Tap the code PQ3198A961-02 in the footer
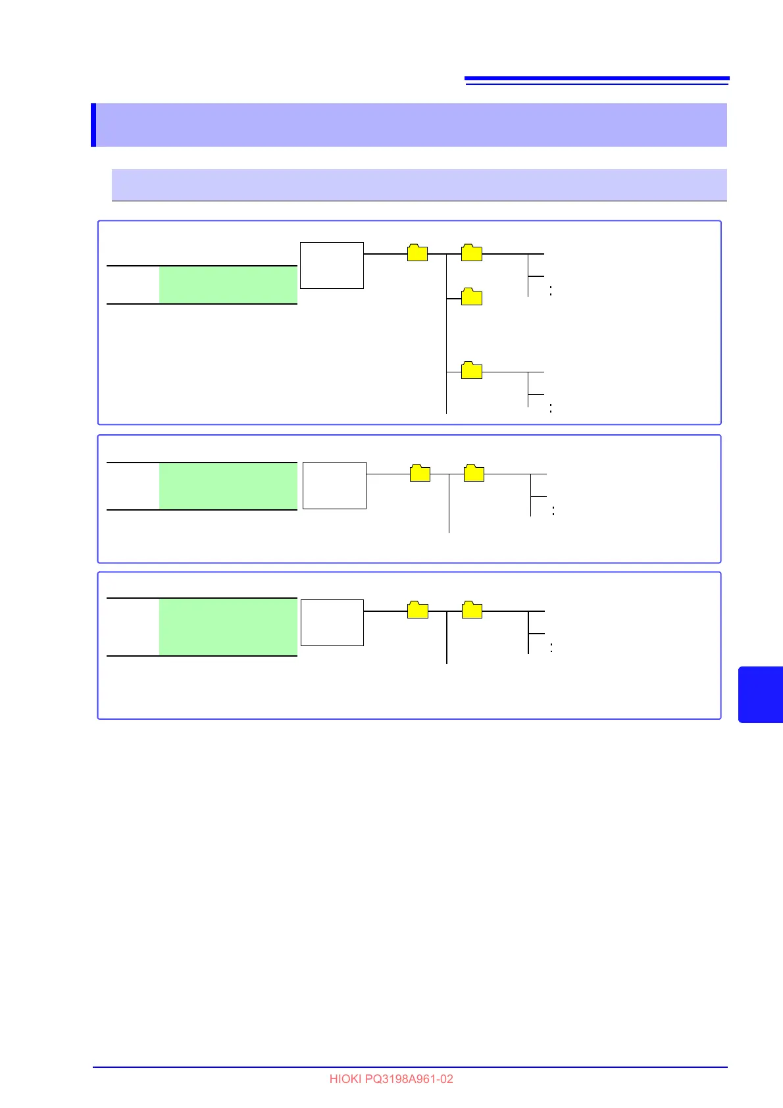(x=409, y=1079)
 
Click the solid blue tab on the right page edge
(x=761, y=694)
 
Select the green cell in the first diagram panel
(x=228, y=285)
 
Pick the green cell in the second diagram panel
(x=228, y=486)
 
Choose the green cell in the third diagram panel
(x=228, y=627)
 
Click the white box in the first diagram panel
(x=332, y=265)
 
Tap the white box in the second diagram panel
(x=334, y=485)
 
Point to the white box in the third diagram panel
(x=332, y=622)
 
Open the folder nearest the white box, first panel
(x=418, y=253)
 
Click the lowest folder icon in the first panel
(x=472, y=371)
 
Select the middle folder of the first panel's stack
(x=472, y=297)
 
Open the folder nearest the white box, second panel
(x=420, y=473)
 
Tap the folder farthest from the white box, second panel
(x=474, y=473)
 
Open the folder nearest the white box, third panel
(x=418, y=611)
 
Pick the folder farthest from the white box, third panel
(x=472, y=611)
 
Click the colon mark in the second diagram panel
(x=553, y=511)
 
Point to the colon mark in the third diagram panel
(x=551, y=647)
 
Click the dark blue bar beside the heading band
(x=93, y=125)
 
